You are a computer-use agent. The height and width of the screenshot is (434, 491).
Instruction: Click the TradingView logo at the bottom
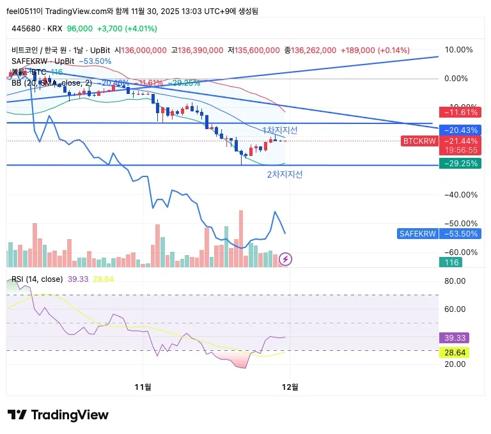[58, 415]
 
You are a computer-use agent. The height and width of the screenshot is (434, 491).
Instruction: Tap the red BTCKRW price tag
[419, 141]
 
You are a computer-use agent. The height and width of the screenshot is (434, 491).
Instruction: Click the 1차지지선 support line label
[280, 130]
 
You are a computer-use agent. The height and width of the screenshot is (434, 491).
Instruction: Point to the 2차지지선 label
[284, 174]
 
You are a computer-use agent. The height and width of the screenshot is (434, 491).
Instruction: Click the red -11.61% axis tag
[460, 112]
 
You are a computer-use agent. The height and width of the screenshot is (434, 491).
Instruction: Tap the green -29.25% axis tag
[460, 164]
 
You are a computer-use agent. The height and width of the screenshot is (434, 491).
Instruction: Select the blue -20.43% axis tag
[460, 130]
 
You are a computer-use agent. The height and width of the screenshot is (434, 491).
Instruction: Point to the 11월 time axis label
[143, 387]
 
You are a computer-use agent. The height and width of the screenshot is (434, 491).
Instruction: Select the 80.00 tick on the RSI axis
[455, 281]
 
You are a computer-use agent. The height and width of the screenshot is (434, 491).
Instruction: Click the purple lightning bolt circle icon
[286, 259]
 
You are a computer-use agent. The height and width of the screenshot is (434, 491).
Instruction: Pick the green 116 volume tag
[453, 263]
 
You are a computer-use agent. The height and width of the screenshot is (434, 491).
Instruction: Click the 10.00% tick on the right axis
[458, 50]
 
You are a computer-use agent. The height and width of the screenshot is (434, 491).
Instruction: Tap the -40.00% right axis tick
[458, 195]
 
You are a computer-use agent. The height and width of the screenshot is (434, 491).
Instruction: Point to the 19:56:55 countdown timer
[460, 150]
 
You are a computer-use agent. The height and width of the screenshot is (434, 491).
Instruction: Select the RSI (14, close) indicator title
[37, 279]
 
